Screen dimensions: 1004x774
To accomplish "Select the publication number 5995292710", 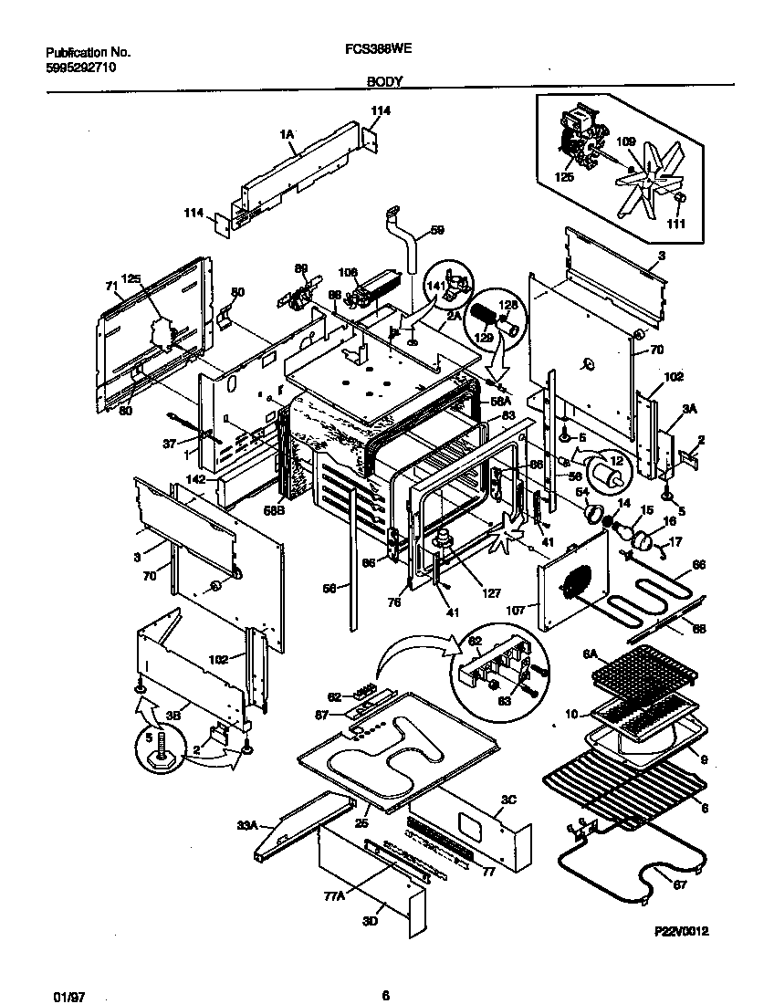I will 80,68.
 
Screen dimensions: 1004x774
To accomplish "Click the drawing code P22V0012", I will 682,931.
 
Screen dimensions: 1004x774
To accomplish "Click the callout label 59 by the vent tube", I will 437,231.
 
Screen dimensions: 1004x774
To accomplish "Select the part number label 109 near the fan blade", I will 625,141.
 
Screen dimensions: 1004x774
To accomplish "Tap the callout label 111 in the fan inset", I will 677,225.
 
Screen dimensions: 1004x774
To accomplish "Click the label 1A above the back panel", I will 286,134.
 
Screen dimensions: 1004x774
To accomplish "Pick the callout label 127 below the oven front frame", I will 491,593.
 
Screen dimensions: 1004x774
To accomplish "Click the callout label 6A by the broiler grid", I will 590,654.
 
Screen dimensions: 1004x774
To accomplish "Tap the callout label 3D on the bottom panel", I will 370,921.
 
